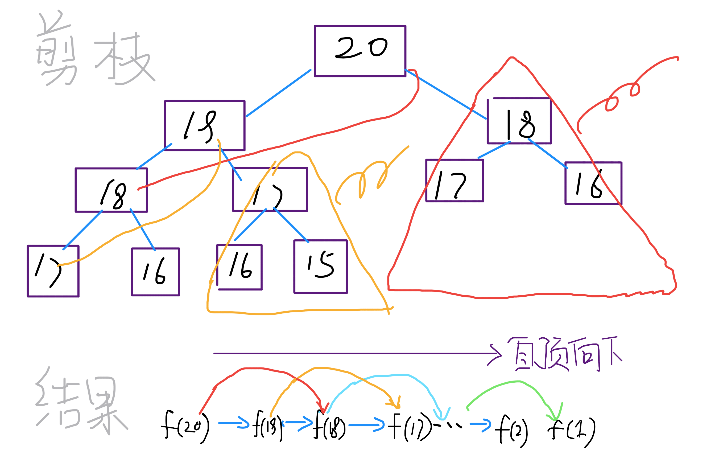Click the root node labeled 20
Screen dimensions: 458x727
point(360,51)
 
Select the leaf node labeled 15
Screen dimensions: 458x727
point(320,267)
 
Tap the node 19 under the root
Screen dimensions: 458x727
point(204,125)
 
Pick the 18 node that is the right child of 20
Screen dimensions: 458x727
point(519,121)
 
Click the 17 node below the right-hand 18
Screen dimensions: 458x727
point(455,180)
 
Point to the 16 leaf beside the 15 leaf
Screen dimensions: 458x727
point(239,267)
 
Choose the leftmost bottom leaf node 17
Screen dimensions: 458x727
point(53,271)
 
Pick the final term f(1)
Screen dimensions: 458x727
point(572,431)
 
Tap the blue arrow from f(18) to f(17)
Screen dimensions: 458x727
point(366,425)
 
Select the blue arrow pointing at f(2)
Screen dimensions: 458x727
point(480,425)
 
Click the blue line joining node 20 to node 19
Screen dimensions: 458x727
point(278,93)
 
